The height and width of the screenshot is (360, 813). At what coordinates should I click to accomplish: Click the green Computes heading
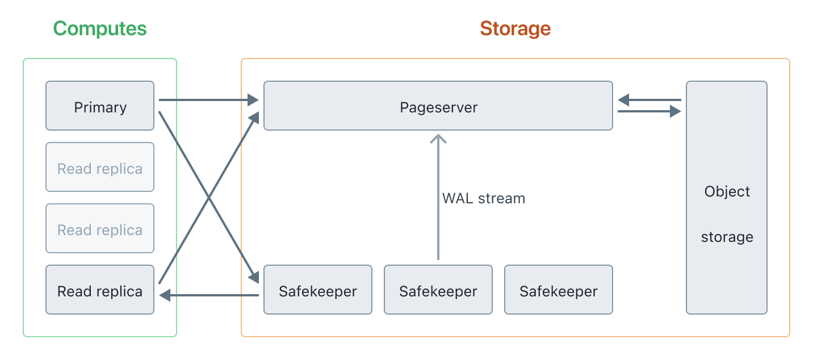click(100, 28)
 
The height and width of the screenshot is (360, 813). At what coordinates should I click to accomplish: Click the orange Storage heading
click(515, 28)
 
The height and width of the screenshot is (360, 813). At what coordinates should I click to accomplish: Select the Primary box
click(100, 106)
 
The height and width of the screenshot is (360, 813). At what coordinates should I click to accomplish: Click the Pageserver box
click(438, 106)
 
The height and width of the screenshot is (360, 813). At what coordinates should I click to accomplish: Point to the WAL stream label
click(483, 198)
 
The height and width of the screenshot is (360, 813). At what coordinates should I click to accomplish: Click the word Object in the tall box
click(727, 191)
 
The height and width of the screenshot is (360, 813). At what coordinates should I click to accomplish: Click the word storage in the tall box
click(727, 237)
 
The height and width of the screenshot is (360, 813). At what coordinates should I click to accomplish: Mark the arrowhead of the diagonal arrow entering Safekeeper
click(254, 277)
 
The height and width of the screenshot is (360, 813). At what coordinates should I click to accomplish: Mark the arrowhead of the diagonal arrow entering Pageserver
click(254, 118)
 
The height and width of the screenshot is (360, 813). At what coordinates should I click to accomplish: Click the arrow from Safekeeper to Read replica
click(210, 295)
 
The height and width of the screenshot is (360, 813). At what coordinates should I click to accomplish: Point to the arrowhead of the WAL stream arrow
click(438, 139)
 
